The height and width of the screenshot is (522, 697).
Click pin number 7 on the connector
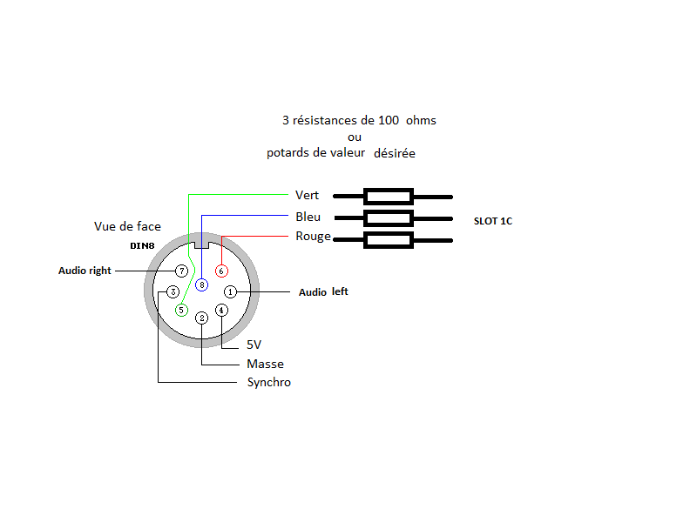coord(181,271)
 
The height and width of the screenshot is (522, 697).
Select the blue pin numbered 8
coord(202,285)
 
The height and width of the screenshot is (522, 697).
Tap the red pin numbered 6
coord(221,271)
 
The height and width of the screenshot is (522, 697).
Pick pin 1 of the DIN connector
coord(230,291)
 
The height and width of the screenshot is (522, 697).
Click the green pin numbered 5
coord(181,311)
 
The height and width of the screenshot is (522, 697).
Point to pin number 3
coord(173,291)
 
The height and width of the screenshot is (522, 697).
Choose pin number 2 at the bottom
coord(202,318)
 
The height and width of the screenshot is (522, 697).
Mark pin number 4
coord(221,311)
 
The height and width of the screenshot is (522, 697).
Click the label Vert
coord(308,195)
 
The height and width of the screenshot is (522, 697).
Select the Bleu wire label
coord(308,217)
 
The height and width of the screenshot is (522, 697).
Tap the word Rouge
coord(314,237)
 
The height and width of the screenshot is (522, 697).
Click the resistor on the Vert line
coord(389,197)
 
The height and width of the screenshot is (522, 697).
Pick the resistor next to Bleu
coord(389,218)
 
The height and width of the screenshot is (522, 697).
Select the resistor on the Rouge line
coord(389,240)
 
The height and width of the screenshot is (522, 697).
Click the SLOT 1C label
coord(493,221)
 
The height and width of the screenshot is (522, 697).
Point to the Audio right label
coord(85,271)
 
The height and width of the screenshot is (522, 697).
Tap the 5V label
coord(254,345)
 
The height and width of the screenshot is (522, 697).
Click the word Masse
coord(266,364)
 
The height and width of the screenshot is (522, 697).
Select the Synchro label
coord(269,383)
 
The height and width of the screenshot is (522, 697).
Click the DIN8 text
coord(142,246)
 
